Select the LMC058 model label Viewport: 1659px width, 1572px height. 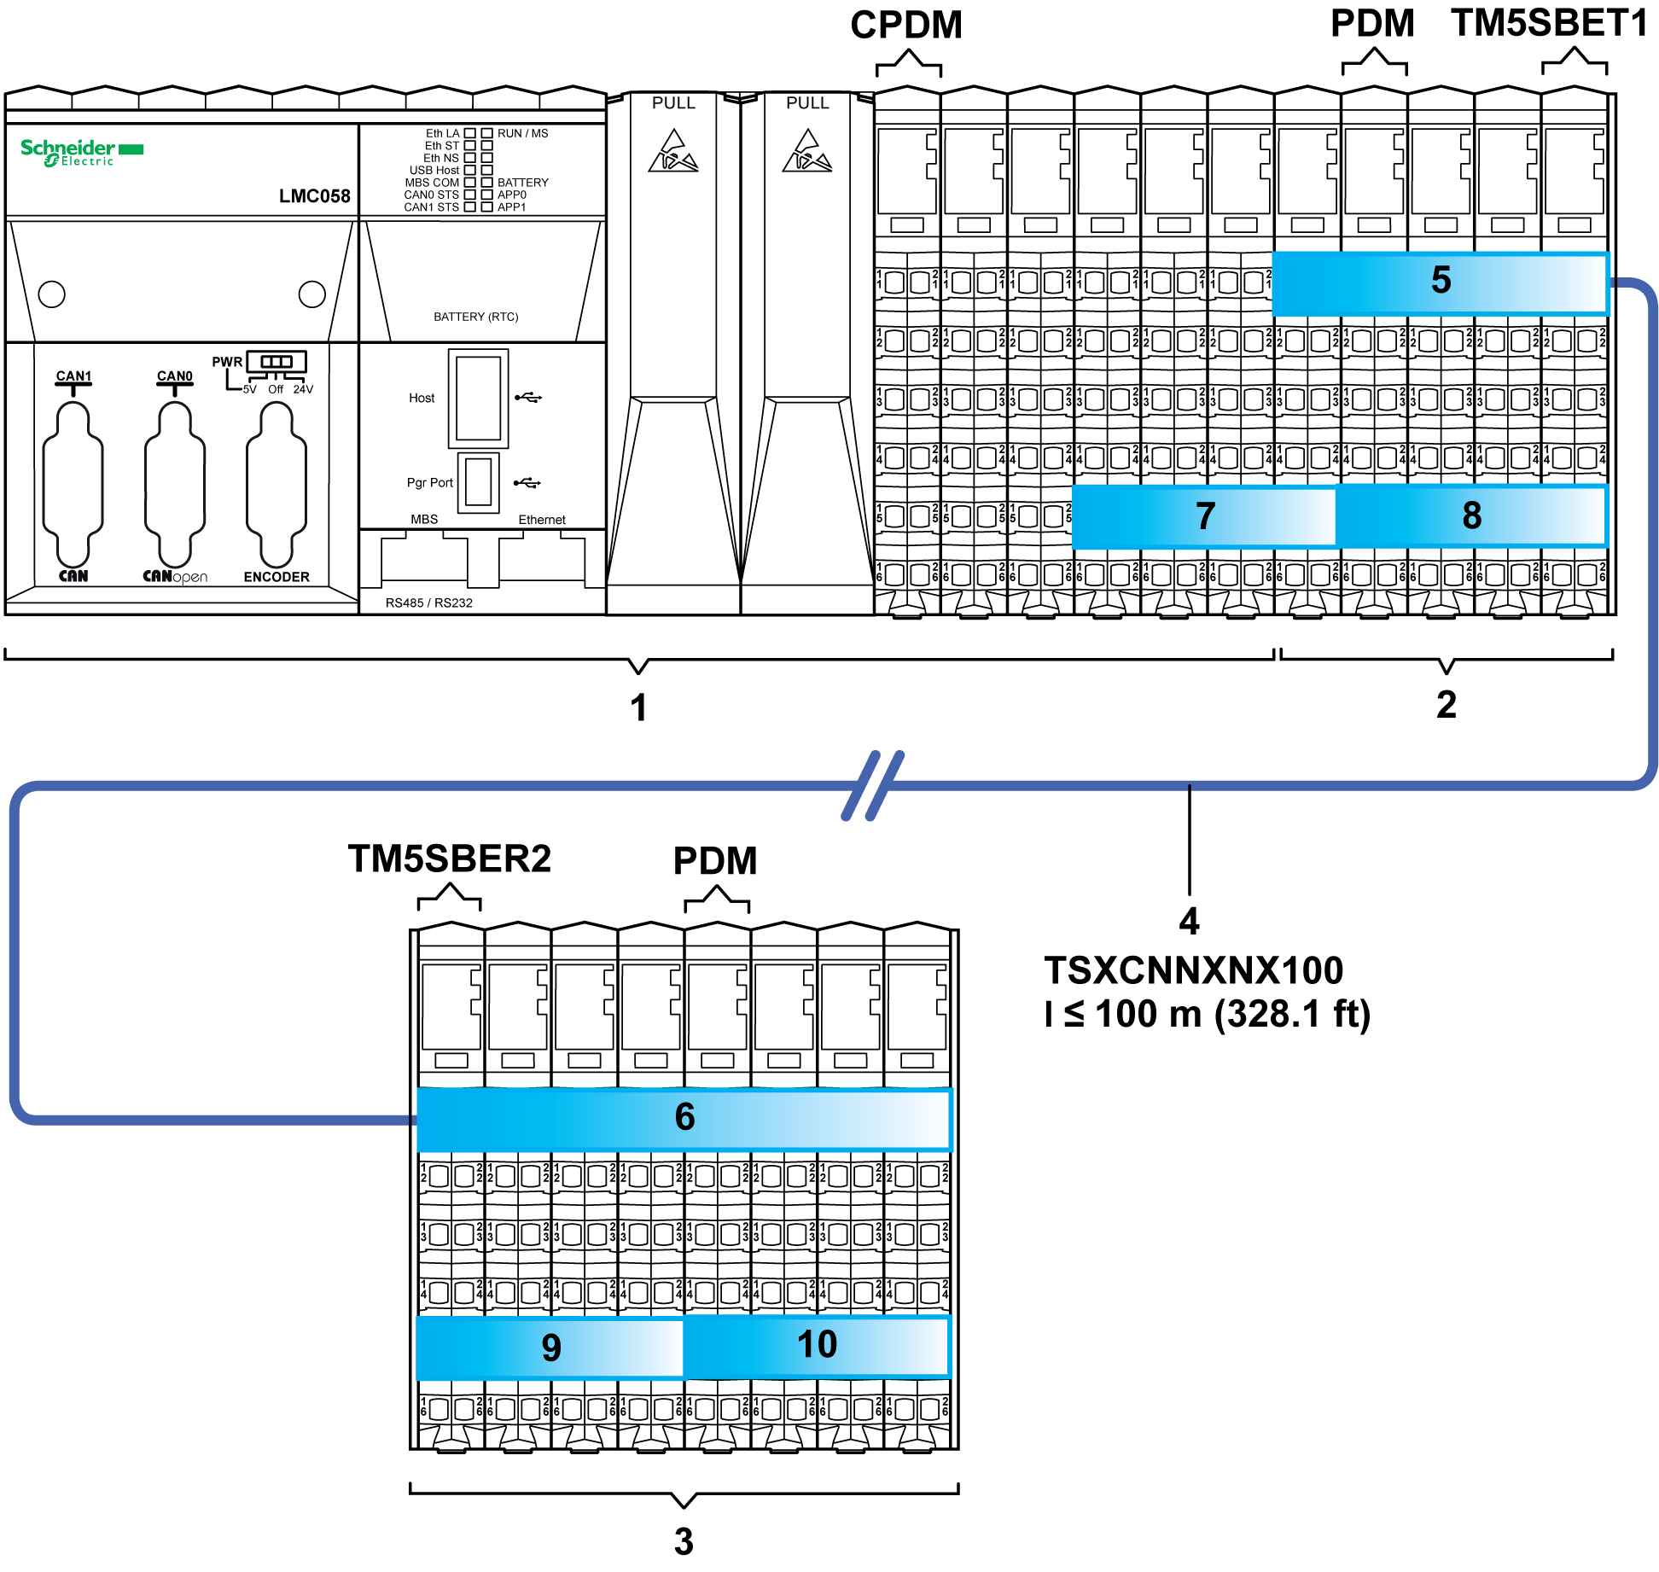(x=314, y=196)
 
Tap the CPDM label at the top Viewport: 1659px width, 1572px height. (x=906, y=25)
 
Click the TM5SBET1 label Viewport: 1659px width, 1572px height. (x=1549, y=23)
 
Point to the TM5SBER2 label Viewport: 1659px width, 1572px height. (x=450, y=859)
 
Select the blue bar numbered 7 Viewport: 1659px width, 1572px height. (x=1203, y=515)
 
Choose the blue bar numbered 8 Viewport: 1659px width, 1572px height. (x=1471, y=515)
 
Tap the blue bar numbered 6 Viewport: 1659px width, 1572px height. (x=684, y=1117)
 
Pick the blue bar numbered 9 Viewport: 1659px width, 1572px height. (x=550, y=1347)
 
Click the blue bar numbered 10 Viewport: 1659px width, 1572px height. (x=817, y=1345)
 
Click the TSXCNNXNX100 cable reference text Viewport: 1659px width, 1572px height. (x=1193, y=970)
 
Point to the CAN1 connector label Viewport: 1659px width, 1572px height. (x=73, y=376)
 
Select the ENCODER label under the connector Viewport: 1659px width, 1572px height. (x=276, y=577)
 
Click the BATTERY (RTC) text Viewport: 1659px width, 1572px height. (x=475, y=317)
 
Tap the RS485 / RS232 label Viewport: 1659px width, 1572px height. (x=428, y=603)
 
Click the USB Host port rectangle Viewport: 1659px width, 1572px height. (x=478, y=399)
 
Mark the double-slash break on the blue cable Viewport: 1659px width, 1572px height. (x=873, y=785)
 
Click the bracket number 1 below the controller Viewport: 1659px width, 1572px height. (x=638, y=707)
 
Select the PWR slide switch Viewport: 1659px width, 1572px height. (x=276, y=362)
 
